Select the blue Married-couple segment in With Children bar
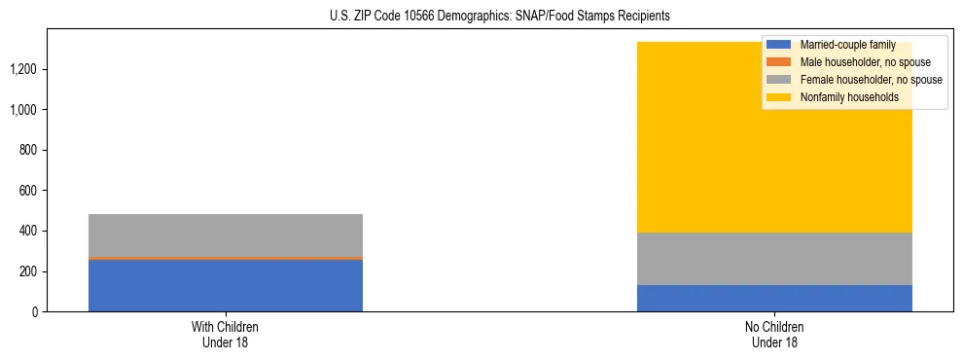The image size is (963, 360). [226, 285]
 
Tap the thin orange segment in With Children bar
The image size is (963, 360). [226, 258]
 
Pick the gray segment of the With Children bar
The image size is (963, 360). [226, 234]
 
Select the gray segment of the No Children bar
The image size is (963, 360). [774, 259]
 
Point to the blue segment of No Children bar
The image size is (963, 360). [774, 298]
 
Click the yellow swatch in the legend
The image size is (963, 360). [779, 97]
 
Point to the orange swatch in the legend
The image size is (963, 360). [779, 62]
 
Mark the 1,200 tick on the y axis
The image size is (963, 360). [22, 69]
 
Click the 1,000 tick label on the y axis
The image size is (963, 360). [22, 110]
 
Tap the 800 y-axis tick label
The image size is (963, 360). [27, 150]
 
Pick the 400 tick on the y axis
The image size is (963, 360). [27, 231]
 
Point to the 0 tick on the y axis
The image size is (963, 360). [34, 311]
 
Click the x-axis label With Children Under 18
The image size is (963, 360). [226, 334]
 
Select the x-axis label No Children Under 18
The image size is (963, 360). [774, 334]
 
